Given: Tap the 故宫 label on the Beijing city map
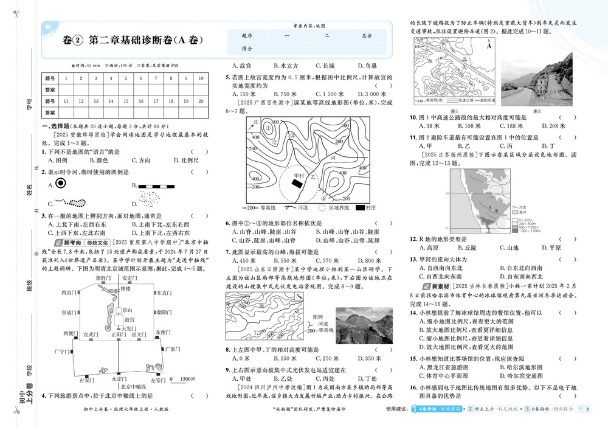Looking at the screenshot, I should point(129,319).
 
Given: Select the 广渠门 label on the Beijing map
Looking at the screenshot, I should point(174,350).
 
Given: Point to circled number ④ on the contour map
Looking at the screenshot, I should point(324,198).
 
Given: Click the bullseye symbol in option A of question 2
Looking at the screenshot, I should point(61,184).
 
